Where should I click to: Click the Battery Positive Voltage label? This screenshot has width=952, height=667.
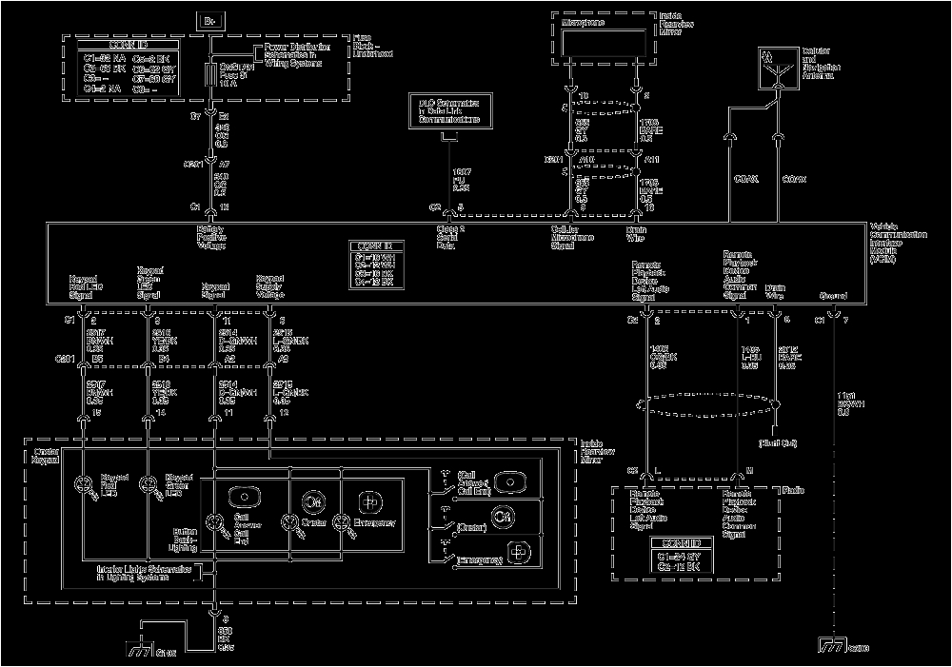click(210, 238)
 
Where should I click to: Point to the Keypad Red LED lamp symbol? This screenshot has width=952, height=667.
click(84, 485)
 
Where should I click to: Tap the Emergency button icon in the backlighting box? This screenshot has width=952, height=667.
click(369, 500)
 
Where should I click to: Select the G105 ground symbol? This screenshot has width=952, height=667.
click(143, 651)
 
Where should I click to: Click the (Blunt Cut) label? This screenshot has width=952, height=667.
click(778, 443)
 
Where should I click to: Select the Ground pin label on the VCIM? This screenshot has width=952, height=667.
click(833, 295)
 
